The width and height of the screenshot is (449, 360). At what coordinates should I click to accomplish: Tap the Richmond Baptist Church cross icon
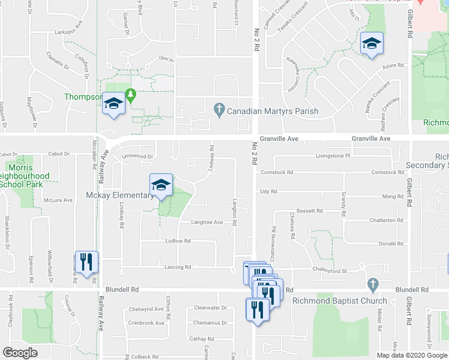click(x=372, y=283)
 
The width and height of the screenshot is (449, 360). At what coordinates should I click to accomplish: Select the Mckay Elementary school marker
click(x=161, y=186)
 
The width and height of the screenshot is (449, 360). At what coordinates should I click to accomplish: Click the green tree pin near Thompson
click(x=130, y=94)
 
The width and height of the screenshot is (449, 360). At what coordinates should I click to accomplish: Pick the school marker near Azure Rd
click(x=372, y=44)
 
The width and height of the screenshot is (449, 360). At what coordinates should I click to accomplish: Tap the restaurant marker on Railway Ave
click(x=86, y=262)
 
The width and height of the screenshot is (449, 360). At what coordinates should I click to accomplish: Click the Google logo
click(x=20, y=353)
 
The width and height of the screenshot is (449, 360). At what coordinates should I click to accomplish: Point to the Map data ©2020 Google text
click(x=411, y=355)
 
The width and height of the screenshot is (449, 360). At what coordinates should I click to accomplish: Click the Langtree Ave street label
click(x=206, y=222)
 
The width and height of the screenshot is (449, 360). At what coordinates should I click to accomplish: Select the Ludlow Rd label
click(x=178, y=241)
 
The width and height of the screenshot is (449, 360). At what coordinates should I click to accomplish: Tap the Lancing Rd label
click(x=179, y=267)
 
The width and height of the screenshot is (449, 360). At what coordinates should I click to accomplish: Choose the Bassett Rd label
click(x=310, y=211)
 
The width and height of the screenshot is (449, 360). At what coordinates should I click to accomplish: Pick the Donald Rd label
click(x=391, y=244)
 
